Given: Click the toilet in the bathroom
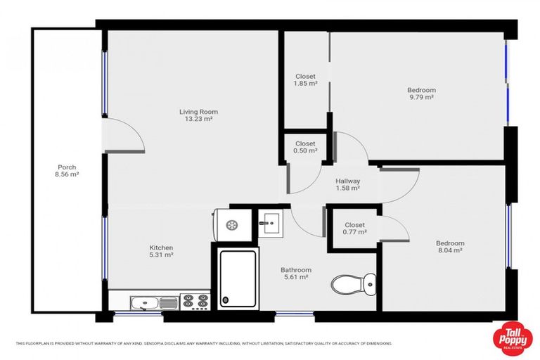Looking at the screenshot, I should click(x=352, y=285).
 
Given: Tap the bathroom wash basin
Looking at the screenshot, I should click(x=269, y=223).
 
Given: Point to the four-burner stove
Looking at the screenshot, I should click(x=196, y=302).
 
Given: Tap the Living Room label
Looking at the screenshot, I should click(x=198, y=112).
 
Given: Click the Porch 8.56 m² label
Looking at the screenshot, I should click(x=67, y=170).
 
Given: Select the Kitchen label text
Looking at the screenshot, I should click(x=161, y=247).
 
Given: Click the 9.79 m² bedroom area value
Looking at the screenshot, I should click(x=421, y=97).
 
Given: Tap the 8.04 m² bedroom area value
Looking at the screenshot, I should click(x=450, y=250).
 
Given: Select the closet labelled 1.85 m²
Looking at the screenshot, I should click(x=305, y=79).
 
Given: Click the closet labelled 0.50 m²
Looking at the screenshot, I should click(x=305, y=147).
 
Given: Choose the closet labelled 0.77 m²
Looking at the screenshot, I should click(x=354, y=229).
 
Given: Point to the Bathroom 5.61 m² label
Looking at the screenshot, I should click(x=295, y=274).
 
